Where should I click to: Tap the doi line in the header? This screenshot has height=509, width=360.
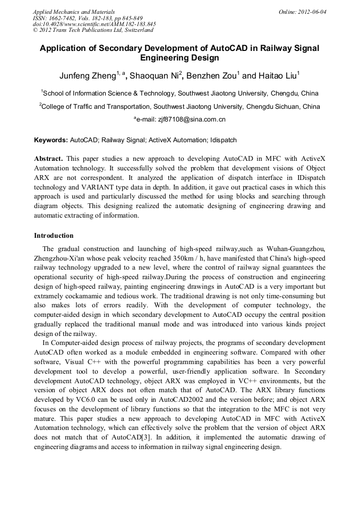[x=94, y=24]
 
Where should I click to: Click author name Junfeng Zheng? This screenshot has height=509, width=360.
[x=88, y=76]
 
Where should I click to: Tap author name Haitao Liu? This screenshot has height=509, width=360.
[x=278, y=76]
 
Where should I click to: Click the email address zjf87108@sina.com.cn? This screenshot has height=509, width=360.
[x=192, y=119]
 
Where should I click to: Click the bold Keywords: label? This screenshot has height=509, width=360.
[x=51, y=140]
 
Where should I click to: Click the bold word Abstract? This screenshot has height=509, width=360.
[x=48, y=159]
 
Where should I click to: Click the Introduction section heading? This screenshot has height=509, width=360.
[x=54, y=235]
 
